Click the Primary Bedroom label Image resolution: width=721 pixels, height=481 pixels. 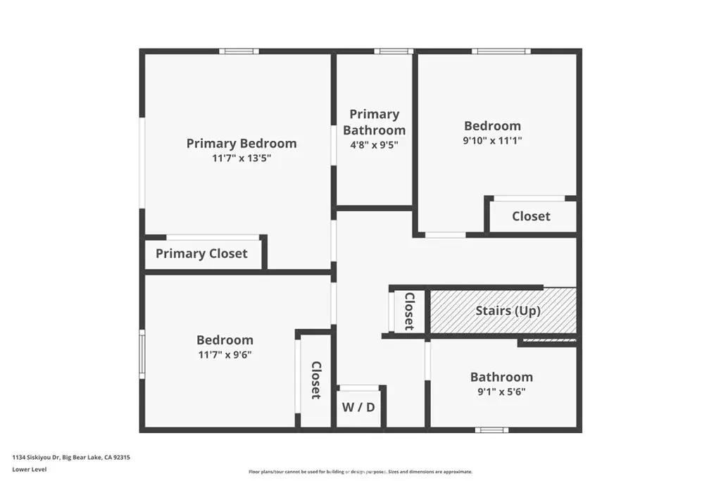(x=242, y=144)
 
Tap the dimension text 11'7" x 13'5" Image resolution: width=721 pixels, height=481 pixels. (x=242, y=158)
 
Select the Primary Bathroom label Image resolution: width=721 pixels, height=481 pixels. (x=375, y=122)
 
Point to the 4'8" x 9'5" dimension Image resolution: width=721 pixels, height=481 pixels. (x=375, y=145)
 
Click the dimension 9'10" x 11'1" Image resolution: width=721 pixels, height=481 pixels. (x=492, y=140)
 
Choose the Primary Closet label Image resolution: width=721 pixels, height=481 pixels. (x=201, y=254)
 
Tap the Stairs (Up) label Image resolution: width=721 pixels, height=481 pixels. (x=508, y=311)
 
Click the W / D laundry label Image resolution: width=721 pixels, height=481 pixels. (x=358, y=407)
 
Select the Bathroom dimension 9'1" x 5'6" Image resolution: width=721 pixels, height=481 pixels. (x=501, y=392)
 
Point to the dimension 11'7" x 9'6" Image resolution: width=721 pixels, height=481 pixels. (x=225, y=354)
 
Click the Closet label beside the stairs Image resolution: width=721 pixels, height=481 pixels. (x=409, y=311)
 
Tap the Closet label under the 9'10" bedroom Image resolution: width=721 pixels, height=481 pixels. (x=531, y=216)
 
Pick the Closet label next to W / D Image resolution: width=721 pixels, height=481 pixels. (x=316, y=380)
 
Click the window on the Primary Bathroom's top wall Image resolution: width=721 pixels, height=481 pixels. (x=393, y=51)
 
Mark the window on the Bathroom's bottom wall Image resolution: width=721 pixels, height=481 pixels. (x=491, y=430)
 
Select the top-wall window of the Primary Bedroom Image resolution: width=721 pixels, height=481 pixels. (x=239, y=51)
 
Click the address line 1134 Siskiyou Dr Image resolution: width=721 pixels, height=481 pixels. (x=71, y=457)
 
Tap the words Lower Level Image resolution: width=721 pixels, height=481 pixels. (x=30, y=469)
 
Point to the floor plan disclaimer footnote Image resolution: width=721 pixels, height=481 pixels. (x=360, y=471)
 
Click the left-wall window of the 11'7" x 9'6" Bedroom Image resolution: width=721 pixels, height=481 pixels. (x=142, y=354)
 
